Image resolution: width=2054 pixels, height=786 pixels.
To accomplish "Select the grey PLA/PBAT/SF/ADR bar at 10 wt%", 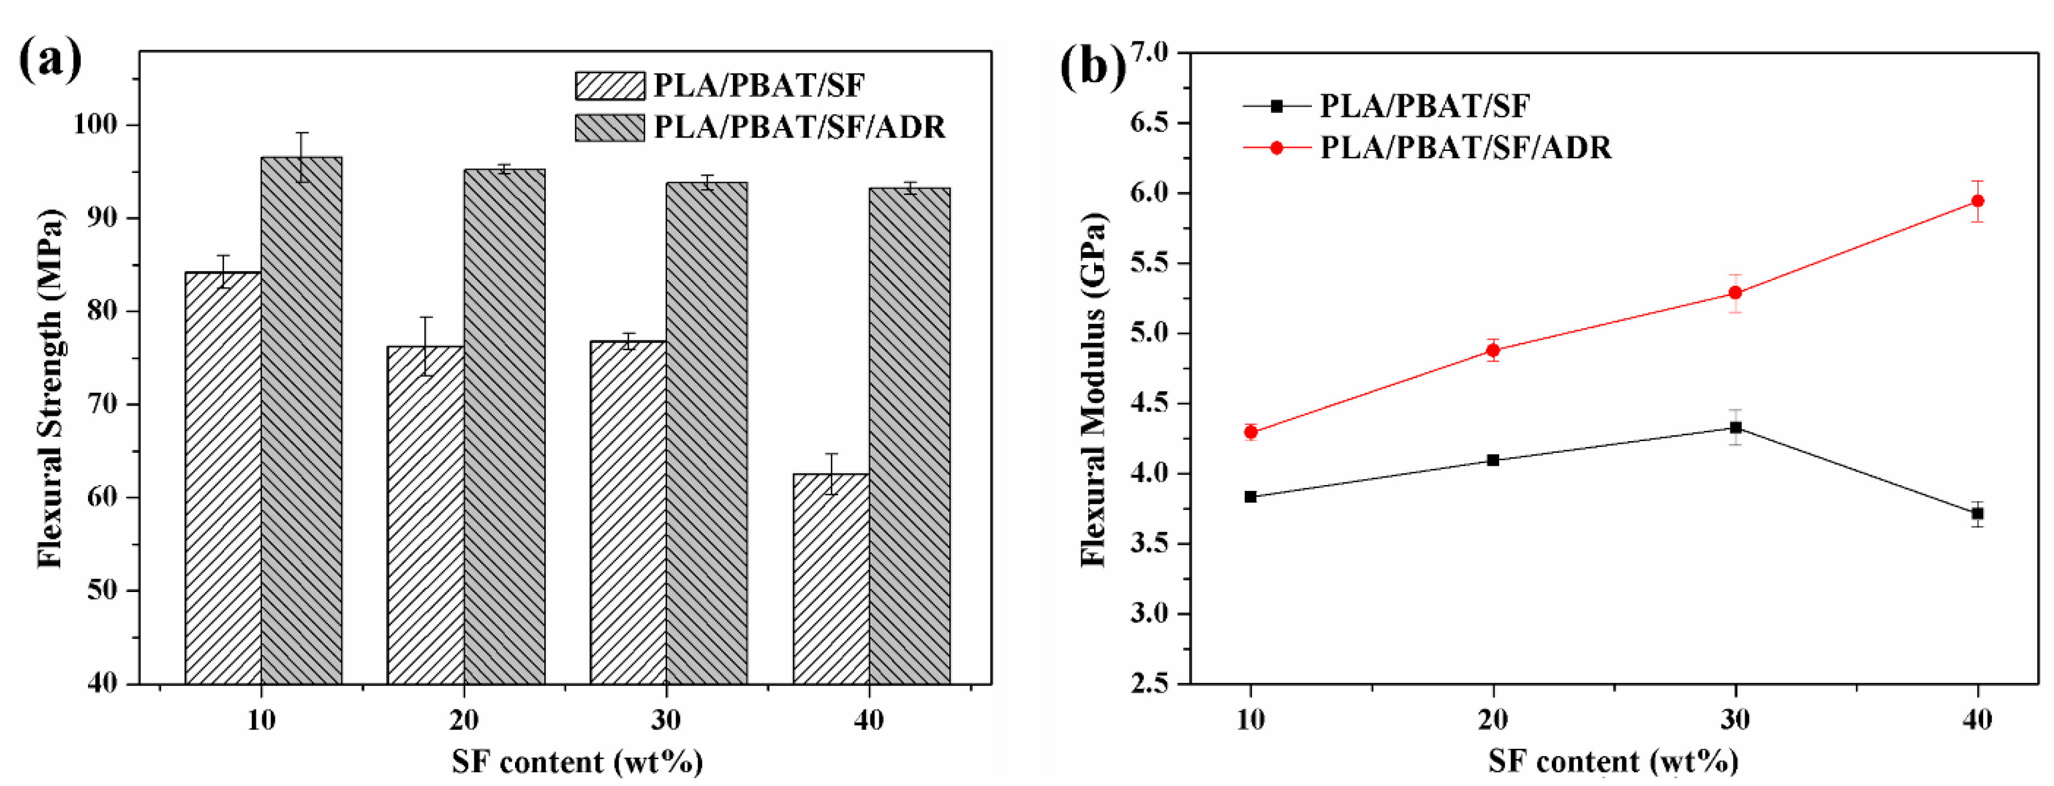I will [x=302, y=421].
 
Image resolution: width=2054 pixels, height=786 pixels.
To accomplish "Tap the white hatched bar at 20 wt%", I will [x=426, y=515].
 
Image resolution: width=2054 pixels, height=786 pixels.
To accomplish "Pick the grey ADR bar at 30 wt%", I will [x=707, y=434].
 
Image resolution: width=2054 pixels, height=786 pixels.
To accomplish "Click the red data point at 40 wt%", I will [x=1977, y=201].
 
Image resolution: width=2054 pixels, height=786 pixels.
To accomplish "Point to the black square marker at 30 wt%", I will [x=1735, y=428].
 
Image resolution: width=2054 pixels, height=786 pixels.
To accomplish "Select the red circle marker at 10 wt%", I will [x=1250, y=432].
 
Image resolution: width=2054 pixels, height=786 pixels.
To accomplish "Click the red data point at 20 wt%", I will [x=1493, y=350].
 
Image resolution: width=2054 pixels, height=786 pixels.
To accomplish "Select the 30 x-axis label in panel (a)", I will [x=666, y=720].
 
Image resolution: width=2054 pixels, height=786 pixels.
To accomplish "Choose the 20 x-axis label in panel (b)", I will [x=1493, y=720].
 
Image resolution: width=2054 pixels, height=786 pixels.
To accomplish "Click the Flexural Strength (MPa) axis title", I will [x=49, y=388].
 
